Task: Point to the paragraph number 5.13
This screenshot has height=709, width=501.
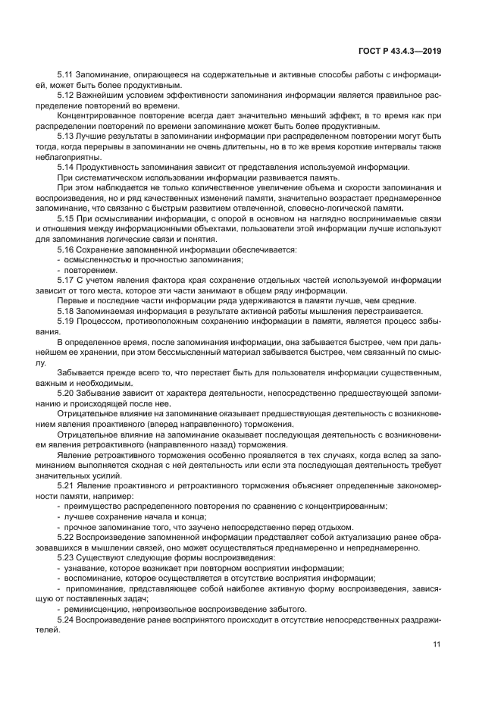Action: pyautogui.click(x=67, y=135)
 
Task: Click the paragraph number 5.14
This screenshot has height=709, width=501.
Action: pyautogui.click(x=67, y=166)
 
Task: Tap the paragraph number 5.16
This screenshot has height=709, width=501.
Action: pyautogui.click(x=67, y=249)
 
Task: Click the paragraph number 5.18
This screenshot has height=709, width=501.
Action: pyautogui.click(x=67, y=311)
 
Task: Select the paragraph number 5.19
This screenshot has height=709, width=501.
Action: pyautogui.click(x=67, y=321)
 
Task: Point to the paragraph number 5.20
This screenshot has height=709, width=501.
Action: pyautogui.click(x=67, y=394)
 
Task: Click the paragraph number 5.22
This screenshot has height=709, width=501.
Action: pyautogui.click(x=67, y=537)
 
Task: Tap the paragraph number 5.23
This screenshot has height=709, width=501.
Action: pyautogui.click(x=67, y=557)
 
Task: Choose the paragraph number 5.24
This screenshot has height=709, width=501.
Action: pyautogui.click(x=67, y=619)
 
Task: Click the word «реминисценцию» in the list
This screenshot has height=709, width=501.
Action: pyautogui.click(x=95, y=609)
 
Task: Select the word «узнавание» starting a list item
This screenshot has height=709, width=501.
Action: pyautogui.click(x=86, y=568)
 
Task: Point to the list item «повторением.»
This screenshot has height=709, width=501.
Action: pyautogui.click(x=91, y=270)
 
